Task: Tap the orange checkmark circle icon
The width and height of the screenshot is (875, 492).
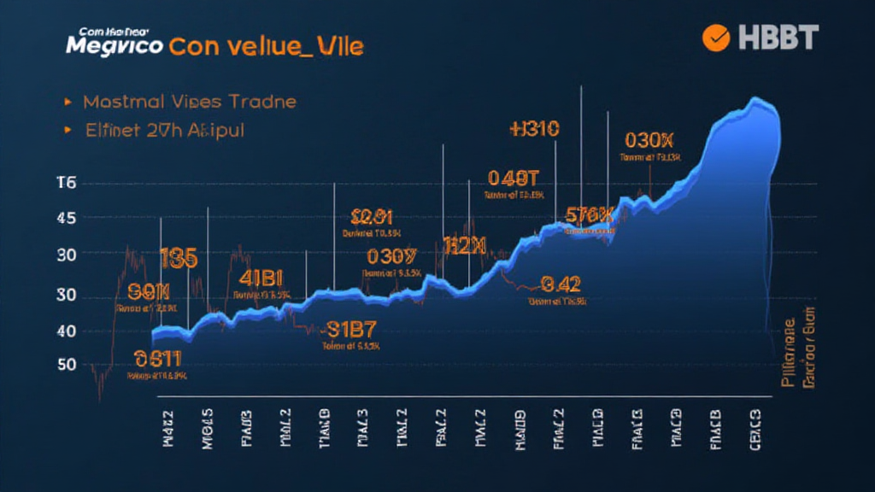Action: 715,37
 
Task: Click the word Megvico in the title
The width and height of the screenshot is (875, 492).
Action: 115,45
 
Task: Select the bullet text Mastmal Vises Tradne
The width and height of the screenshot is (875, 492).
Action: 190,102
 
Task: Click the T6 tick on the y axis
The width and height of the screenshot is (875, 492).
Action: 66,183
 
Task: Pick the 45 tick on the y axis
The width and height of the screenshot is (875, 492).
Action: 66,219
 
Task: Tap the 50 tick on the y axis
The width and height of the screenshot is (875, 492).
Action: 66,365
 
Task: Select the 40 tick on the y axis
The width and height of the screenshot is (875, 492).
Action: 66,331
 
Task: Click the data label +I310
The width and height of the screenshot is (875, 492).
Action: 533,129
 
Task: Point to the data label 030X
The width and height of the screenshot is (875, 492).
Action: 650,140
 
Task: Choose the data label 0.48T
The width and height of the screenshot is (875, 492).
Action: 514,178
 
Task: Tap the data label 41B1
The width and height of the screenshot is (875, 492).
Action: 261,278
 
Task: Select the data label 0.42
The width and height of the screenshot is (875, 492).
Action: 561,284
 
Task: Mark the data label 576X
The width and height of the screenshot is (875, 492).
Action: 590,214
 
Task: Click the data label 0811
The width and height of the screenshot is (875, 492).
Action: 158,359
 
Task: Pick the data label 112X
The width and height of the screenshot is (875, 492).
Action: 465,247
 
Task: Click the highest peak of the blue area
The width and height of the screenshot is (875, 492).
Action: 756,100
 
